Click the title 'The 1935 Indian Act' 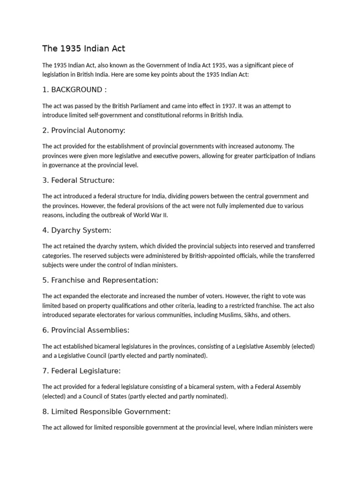pos(84,48)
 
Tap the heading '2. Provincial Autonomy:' pos(84,130)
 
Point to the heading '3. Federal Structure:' pos(78,180)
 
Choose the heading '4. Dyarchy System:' pos(76,230)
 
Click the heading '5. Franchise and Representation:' pos(100,280)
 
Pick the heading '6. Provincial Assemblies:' pos(85,330)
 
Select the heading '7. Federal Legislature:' pos(82,371)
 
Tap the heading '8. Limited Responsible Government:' pos(106,412)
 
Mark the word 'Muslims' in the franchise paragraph pos(231,315)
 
